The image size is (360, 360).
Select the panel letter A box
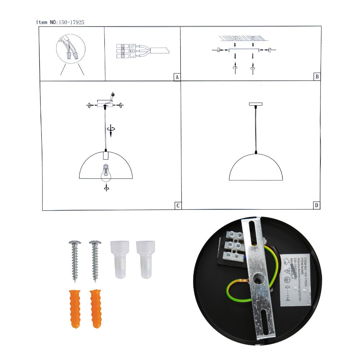(176, 77)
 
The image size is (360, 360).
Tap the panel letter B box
(316, 76)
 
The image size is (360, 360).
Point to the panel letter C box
(177, 206)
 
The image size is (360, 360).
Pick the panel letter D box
(316, 206)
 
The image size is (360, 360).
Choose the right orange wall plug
(96, 308)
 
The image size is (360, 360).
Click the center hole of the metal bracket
(258, 279)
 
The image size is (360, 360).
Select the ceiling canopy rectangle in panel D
(256, 104)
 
